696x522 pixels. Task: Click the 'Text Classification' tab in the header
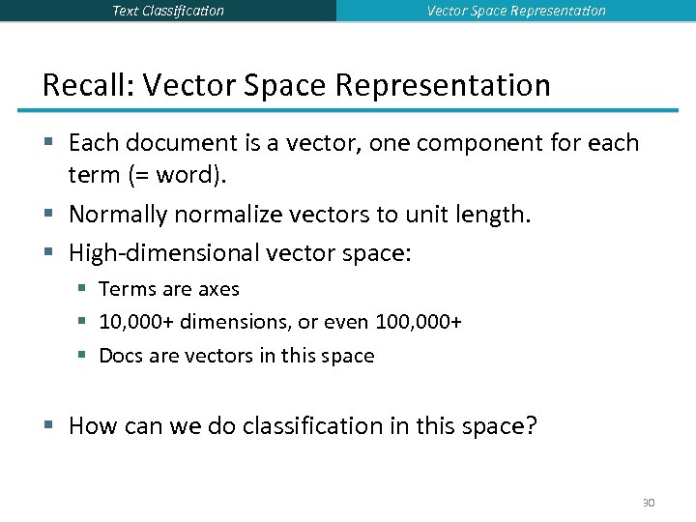point(168,11)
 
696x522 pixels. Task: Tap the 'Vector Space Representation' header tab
point(516,11)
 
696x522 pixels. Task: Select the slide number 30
point(648,503)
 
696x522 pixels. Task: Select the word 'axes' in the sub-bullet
point(218,289)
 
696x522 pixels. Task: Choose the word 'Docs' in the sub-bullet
point(121,356)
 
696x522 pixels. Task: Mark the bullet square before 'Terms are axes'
point(84,289)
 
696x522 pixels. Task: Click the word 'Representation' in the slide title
point(443,85)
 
